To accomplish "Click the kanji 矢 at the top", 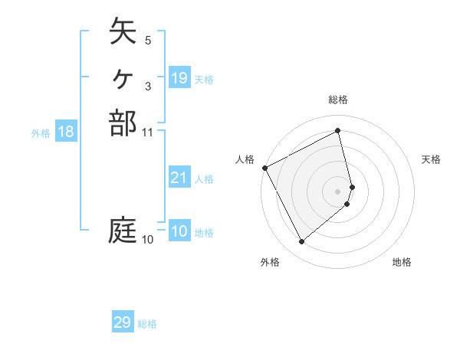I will pyautogui.click(x=123, y=33).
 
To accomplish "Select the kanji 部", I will pyautogui.click(x=123, y=123).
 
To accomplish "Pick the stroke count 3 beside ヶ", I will pyautogui.click(x=147, y=86).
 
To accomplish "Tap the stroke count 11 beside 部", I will pyautogui.click(x=149, y=132).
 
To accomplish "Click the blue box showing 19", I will pyautogui.click(x=179, y=78).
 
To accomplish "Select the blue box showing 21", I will pyautogui.click(x=179, y=178).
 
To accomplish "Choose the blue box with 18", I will pyautogui.click(x=66, y=132).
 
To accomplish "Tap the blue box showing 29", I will pyautogui.click(x=123, y=322).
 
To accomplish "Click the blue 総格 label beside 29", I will pyautogui.click(x=147, y=324).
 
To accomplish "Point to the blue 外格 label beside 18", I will pyautogui.click(x=41, y=133).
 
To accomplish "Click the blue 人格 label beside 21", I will pyautogui.click(x=204, y=179).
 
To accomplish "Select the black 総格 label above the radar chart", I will pyautogui.click(x=338, y=100).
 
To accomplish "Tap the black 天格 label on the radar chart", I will pyautogui.click(x=431, y=159).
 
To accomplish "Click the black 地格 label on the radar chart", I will pyautogui.click(x=402, y=262).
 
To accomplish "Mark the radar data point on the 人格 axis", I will pyautogui.click(x=264, y=167).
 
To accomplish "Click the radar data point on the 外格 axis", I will pyautogui.click(x=301, y=242).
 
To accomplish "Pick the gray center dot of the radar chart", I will pyautogui.click(x=338, y=191).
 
